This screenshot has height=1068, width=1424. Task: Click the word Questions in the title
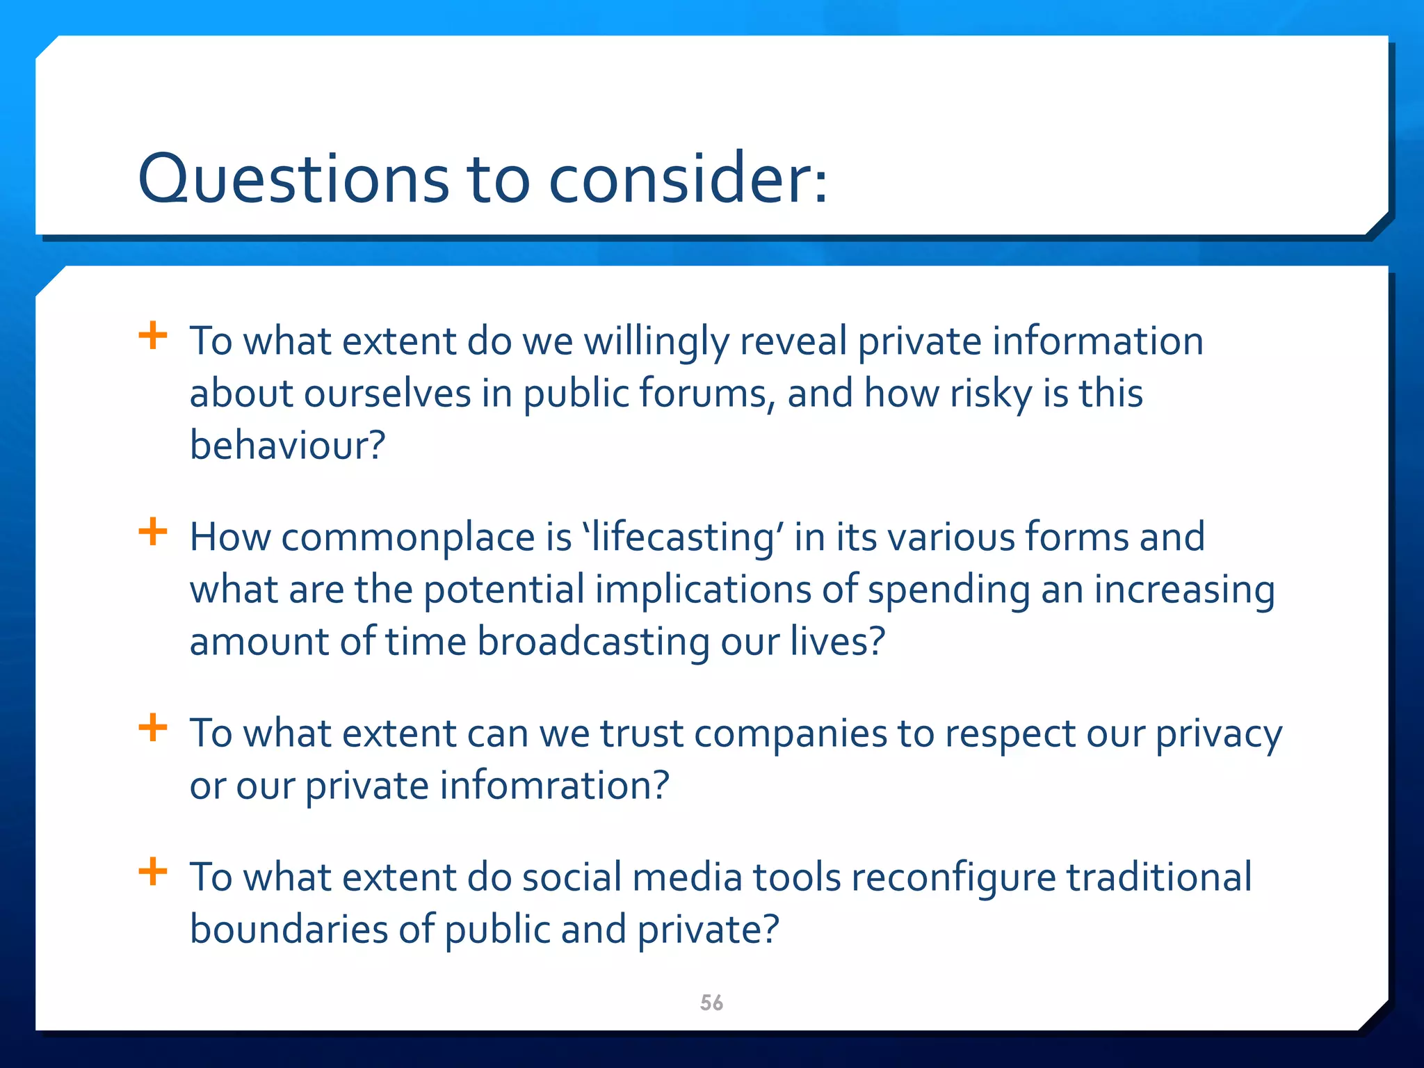click(293, 179)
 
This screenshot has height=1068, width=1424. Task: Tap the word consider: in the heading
click(688, 179)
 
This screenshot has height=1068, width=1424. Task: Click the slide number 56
click(711, 1003)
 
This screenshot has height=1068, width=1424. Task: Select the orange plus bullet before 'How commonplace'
click(153, 533)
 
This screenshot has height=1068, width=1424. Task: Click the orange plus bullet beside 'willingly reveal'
click(153, 337)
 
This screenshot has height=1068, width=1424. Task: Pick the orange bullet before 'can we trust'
click(153, 729)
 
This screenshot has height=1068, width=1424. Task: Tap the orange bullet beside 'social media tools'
click(153, 872)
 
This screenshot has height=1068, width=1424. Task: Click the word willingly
click(656, 342)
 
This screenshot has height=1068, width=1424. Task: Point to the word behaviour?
click(287, 445)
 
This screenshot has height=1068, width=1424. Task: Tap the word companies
click(791, 734)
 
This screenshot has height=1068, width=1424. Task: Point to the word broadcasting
click(593, 641)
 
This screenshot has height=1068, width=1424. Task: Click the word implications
click(703, 590)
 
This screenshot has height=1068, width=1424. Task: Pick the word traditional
click(1159, 877)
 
